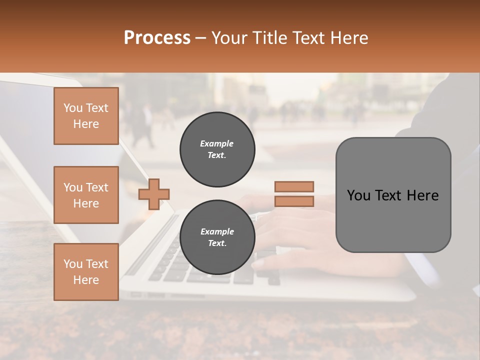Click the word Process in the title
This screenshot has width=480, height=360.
(157, 37)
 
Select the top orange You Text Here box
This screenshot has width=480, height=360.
(86, 116)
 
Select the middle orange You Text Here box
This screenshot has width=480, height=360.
(86, 195)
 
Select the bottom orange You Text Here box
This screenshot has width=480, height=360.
(86, 271)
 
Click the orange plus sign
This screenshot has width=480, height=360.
(153, 194)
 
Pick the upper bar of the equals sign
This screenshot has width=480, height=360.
(294, 186)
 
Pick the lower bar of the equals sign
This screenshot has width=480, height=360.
(294, 201)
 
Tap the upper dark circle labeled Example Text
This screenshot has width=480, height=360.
(217, 149)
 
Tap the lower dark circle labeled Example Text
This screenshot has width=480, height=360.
(217, 237)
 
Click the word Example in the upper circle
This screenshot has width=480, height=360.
(217, 143)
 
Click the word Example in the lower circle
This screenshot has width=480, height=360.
(217, 231)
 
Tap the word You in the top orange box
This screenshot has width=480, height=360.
(73, 108)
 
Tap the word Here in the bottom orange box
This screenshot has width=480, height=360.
(86, 280)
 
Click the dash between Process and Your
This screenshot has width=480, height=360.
(201, 38)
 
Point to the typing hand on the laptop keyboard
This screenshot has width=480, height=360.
(295, 235)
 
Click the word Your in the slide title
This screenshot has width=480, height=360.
(230, 38)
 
